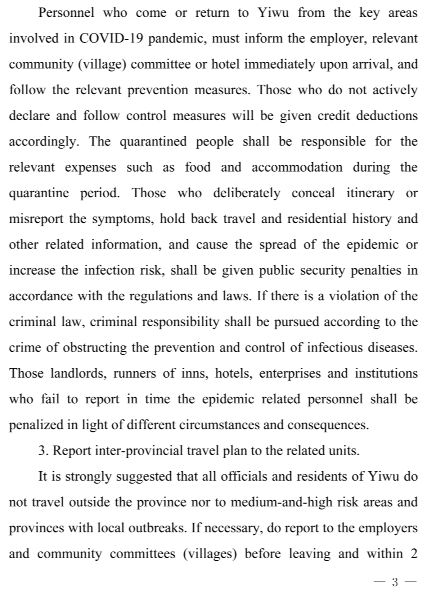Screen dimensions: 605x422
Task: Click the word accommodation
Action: pyautogui.click(x=297, y=167)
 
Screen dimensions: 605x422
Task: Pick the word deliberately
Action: pyautogui.click(x=247, y=193)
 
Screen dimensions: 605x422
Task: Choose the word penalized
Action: pyautogui.click(x=36, y=425)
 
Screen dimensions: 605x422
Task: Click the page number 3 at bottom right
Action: pyautogui.click(x=395, y=582)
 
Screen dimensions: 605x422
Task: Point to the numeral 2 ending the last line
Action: pyautogui.click(x=414, y=553)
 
